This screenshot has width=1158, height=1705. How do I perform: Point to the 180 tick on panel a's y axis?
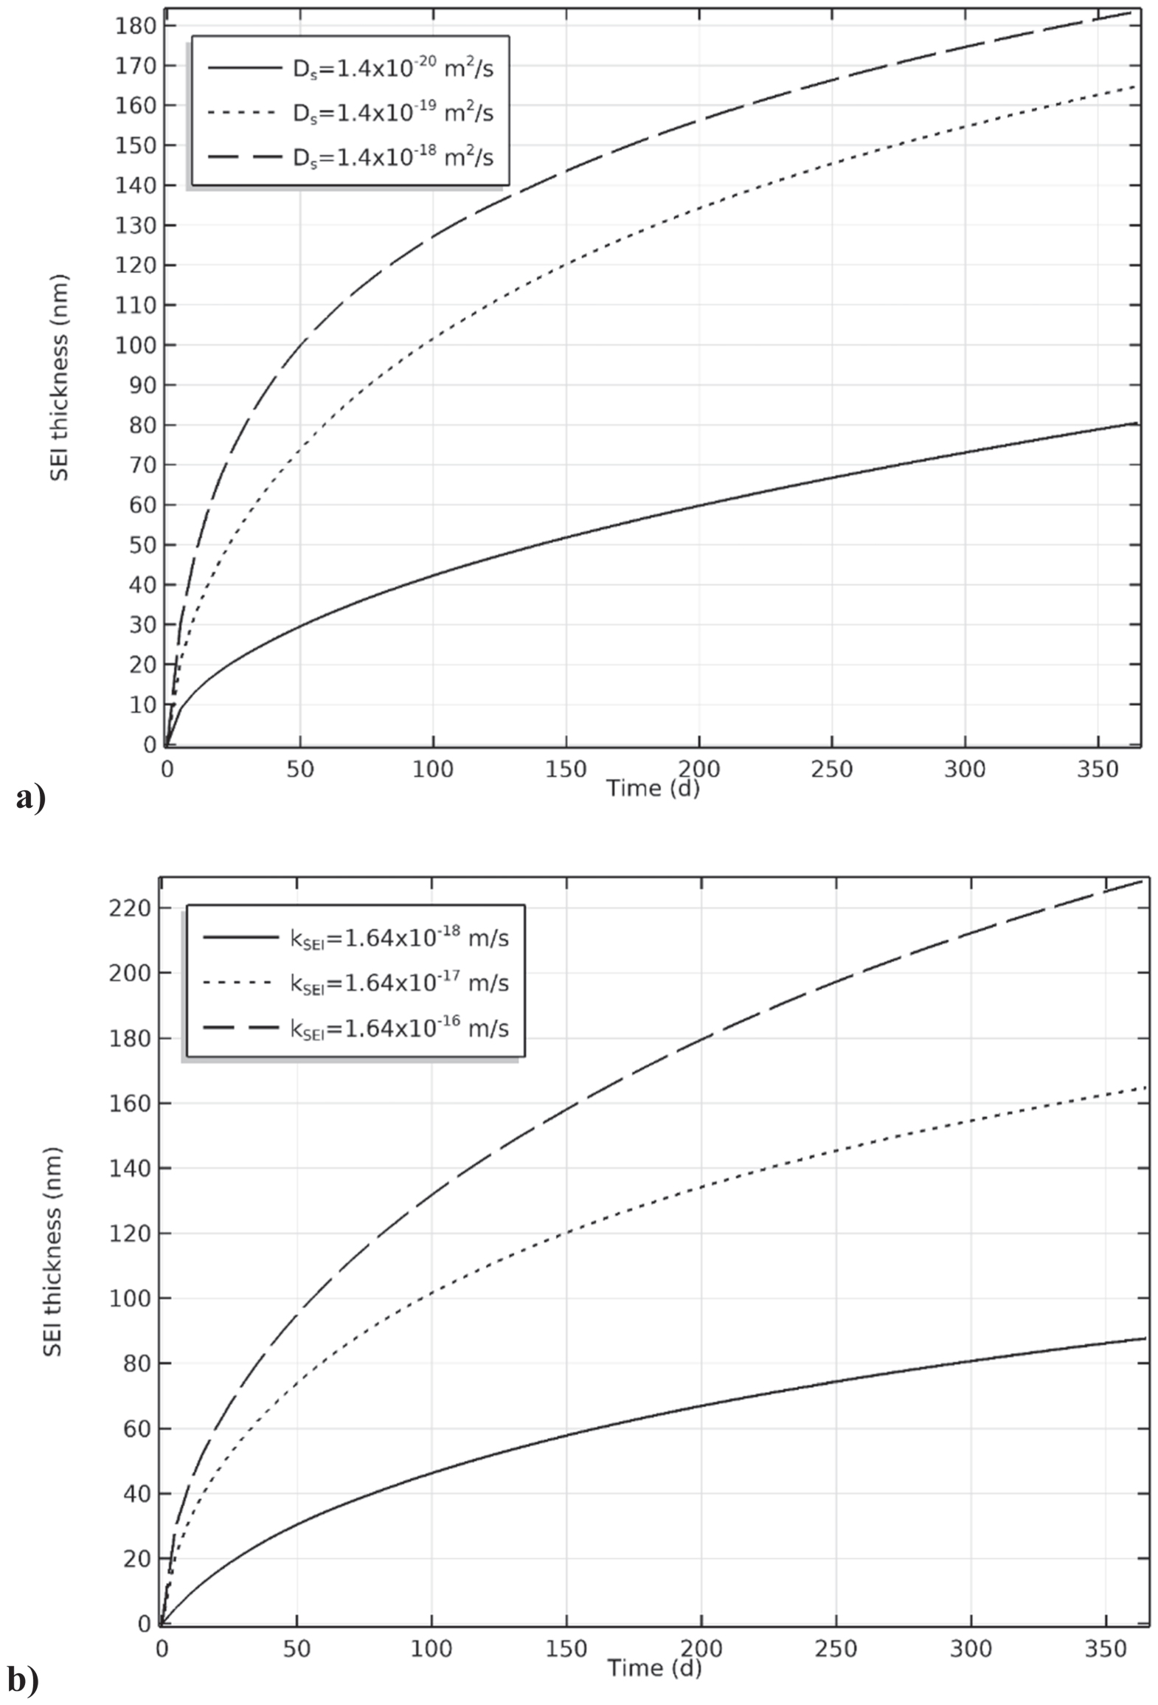pyautogui.click(x=136, y=26)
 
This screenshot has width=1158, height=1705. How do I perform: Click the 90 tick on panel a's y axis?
pyautogui.click(x=141, y=385)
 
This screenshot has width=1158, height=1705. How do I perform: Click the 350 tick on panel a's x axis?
pyautogui.click(x=1098, y=770)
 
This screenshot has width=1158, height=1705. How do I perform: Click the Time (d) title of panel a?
pyautogui.click(x=653, y=789)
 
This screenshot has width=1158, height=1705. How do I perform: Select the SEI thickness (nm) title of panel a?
pyautogui.click(x=59, y=377)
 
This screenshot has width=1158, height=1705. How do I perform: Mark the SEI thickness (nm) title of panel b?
pyautogui.click(x=52, y=1251)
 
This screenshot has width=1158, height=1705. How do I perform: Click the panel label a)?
pyautogui.click(x=30, y=798)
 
